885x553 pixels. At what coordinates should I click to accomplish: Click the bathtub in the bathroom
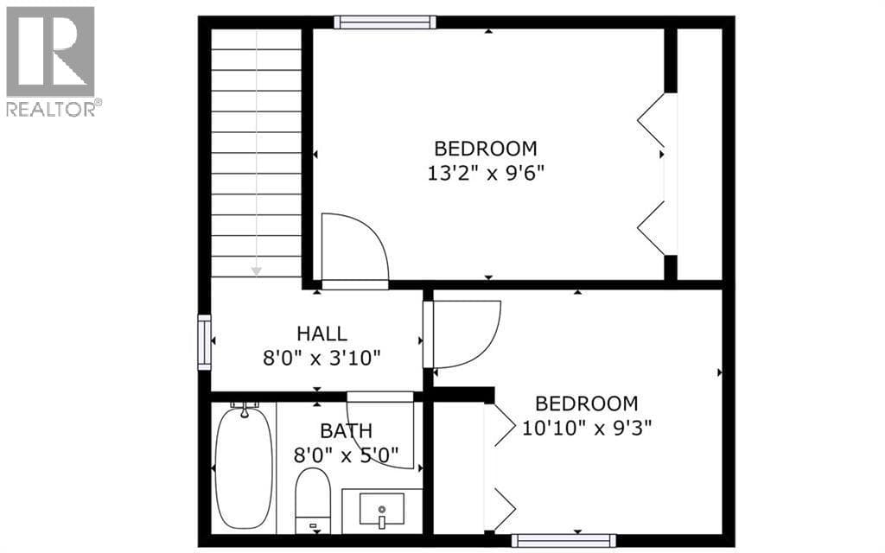pyautogui.click(x=245, y=467)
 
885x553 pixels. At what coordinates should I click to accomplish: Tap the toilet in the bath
pyautogui.click(x=313, y=500)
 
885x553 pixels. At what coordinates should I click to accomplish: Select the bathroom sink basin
pyautogui.click(x=381, y=510)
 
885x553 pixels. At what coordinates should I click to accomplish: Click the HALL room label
pyautogui.click(x=322, y=334)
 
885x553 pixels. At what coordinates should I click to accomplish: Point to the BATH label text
pyautogui.click(x=346, y=431)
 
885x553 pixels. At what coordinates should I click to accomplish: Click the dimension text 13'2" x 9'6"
pyautogui.click(x=486, y=173)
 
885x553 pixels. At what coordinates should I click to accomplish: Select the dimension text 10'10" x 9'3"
pyautogui.click(x=587, y=428)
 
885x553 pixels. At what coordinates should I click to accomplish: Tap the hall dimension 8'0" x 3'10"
pyautogui.click(x=322, y=358)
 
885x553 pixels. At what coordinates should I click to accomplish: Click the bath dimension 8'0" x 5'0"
pyautogui.click(x=346, y=454)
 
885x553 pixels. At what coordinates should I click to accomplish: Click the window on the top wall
pyautogui.click(x=385, y=22)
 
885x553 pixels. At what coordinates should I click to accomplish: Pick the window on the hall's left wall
pyautogui.click(x=204, y=342)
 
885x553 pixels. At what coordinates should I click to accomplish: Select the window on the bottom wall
pyautogui.click(x=563, y=540)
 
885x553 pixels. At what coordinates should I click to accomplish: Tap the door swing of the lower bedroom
pyautogui.click(x=486, y=344)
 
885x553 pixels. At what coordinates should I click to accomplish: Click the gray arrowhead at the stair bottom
pyautogui.click(x=256, y=271)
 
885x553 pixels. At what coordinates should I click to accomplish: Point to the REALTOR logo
pyautogui.click(x=51, y=61)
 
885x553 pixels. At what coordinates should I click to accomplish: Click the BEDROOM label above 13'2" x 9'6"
pyautogui.click(x=486, y=149)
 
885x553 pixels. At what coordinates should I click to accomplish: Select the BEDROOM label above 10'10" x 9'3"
pyautogui.click(x=587, y=404)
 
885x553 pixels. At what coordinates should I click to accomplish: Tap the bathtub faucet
pyautogui.click(x=245, y=409)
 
